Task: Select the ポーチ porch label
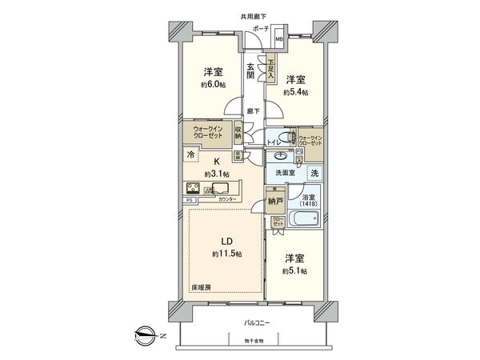coord(261,28)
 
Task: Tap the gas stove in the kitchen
coord(194,190)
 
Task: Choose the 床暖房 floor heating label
coord(202,287)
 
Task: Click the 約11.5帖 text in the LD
coord(227,254)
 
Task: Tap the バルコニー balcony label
coord(256,323)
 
